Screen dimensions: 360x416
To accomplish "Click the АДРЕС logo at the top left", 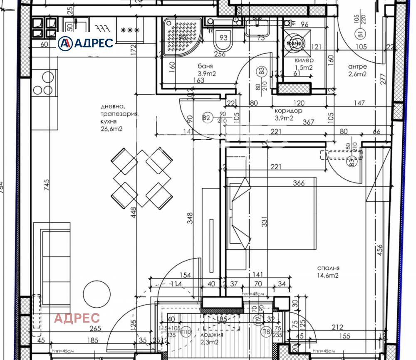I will click(x=86, y=43).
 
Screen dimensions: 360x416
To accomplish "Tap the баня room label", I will click(x=206, y=66).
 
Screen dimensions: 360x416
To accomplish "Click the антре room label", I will click(x=357, y=67).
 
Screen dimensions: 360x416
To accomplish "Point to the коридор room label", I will click(x=288, y=111).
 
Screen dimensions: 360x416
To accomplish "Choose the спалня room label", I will click(x=327, y=268).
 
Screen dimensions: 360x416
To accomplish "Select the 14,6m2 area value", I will click(x=327, y=275).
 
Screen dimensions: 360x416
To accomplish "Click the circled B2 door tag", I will click(x=206, y=118).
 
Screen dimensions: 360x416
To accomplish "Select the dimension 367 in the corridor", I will click(x=309, y=122).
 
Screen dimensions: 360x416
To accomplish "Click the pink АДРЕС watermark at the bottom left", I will click(x=77, y=318).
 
